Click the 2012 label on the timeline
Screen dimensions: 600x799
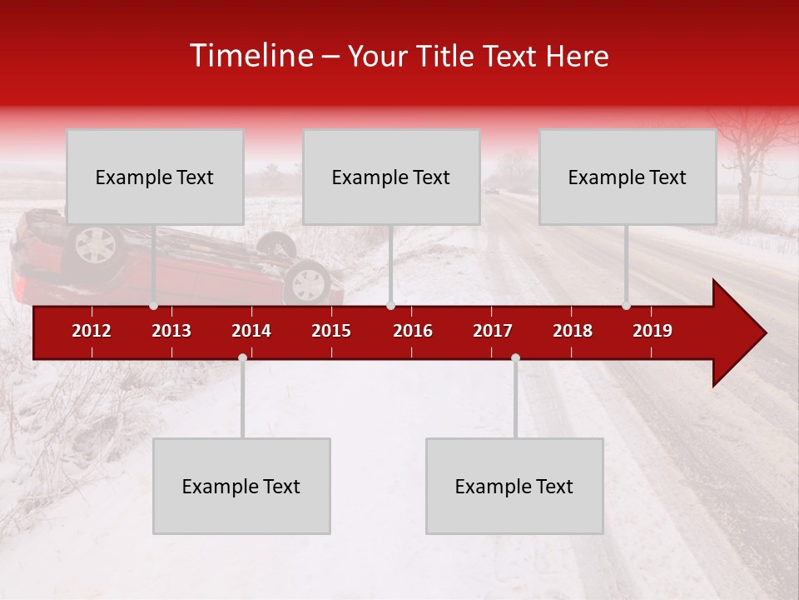click(x=92, y=331)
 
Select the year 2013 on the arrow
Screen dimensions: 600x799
click(x=171, y=331)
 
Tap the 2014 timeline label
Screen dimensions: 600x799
click(x=251, y=331)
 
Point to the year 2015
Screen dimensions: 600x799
click(x=331, y=331)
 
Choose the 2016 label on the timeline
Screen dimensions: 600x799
click(x=413, y=331)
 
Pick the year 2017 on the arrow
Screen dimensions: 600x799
click(x=493, y=331)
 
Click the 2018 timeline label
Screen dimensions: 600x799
click(x=573, y=331)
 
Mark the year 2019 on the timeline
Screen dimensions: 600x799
click(x=653, y=331)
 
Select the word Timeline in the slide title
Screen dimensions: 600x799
click(x=250, y=56)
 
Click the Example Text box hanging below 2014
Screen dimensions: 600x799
click(x=241, y=486)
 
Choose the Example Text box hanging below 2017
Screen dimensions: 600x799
click(x=514, y=486)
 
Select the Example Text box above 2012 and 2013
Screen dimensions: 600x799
click(x=155, y=177)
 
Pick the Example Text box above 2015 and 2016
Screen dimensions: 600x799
click(x=391, y=177)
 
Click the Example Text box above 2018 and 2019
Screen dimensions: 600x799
click(x=628, y=177)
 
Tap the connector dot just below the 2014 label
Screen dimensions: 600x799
click(x=242, y=357)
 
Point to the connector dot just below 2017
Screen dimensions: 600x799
click(x=515, y=357)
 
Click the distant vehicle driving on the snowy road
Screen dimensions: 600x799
click(x=493, y=191)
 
